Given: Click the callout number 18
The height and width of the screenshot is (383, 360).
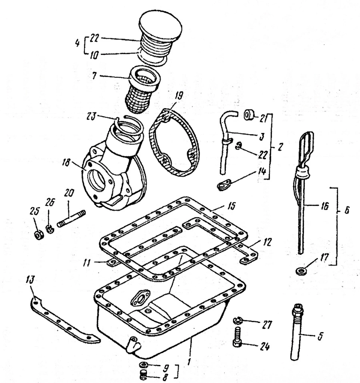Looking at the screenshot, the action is point(66,162).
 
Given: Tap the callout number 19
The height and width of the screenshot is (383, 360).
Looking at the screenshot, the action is point(179,96).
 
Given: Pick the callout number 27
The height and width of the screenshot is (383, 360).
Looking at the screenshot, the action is point(267,325).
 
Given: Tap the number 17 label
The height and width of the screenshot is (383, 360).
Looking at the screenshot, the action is point(325,257).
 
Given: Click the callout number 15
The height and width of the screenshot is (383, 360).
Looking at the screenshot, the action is point(231,206).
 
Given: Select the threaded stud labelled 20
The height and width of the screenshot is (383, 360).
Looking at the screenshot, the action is point(71,218).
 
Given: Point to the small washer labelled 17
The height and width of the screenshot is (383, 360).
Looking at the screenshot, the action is point(300,271).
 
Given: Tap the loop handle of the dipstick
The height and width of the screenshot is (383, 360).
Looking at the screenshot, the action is point(306,146).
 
